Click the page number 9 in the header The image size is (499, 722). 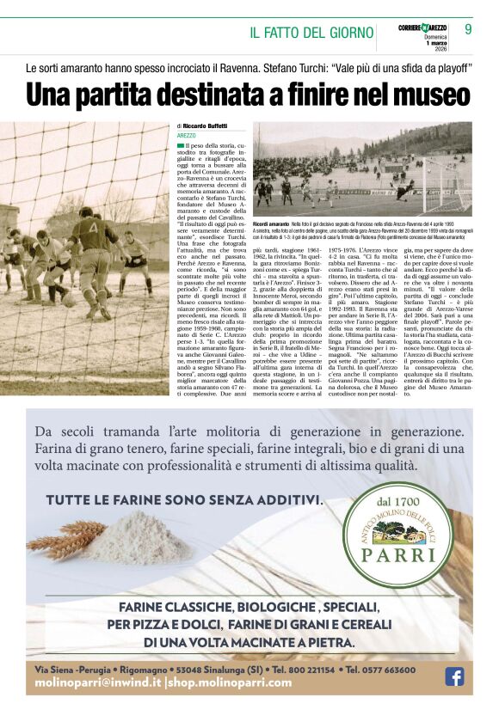[x=468, y=28]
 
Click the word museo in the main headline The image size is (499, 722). [x=424, y=95]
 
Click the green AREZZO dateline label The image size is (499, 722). [x=187, y=136]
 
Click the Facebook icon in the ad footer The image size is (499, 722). [x=453, y=676]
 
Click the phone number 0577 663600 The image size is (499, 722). [x=393, y=670]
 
